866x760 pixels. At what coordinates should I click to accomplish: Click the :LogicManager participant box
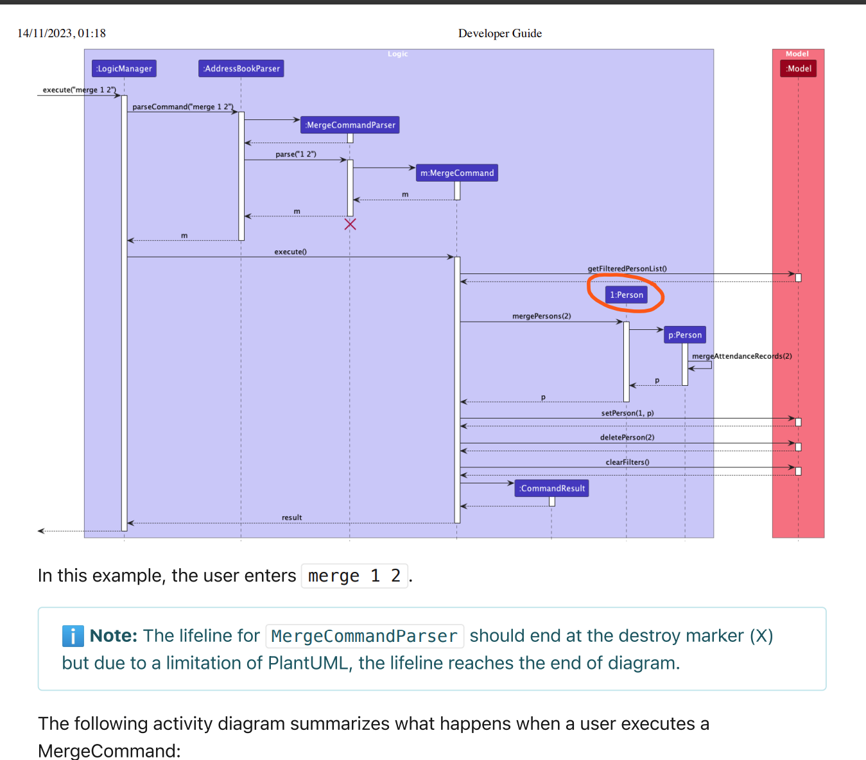pyautogui.click(x=124, y=69)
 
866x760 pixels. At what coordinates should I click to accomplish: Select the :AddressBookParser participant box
pyautogui.click(x=241, y=69)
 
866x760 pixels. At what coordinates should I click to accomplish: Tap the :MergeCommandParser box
pyautogui.click(x=350, y=125)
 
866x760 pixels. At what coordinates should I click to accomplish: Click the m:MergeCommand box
pyautogui.click(x=457, y=173)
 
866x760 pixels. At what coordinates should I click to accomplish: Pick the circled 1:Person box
pyautogui.click(x=626, y=295)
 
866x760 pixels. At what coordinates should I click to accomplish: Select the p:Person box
pyautogui.click(x=685, y=335)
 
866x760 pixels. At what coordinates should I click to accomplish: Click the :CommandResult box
pyautogui.click(x=552, y=488)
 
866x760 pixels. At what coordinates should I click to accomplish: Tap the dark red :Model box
pyautogui.click(x=799, y=69)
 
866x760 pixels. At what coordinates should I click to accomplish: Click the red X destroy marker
pyautogui.click(x=350, y=224)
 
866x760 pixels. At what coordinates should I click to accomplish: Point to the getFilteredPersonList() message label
pyautogui.click(x=627, y=269)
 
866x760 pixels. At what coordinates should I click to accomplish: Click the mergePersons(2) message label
pyautogui.click(x=541, y=316)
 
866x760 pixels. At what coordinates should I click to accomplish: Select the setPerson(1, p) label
pyautogui.click(x=627, y=413)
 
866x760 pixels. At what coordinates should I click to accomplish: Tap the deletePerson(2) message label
pyautogui.click(x=627, y=438)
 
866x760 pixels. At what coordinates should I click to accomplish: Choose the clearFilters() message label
pyautogui.click(x=627, y=462)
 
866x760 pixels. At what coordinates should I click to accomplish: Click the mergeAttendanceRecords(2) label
pyautogui.click(x=741, y=356)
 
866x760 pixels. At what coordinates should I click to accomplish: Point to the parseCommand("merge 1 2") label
pyautogui.click(x=182, y=107)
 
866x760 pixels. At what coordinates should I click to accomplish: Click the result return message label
pyautogui.click(x=291, y=518)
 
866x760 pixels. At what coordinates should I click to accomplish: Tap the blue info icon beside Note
pyautogui.click(x=73, y=636)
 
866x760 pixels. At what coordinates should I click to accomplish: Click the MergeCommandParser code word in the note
pyautogui.click(x=364, y=636)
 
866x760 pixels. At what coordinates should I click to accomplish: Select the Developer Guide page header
pyautogui.click(x=499, y=33)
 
